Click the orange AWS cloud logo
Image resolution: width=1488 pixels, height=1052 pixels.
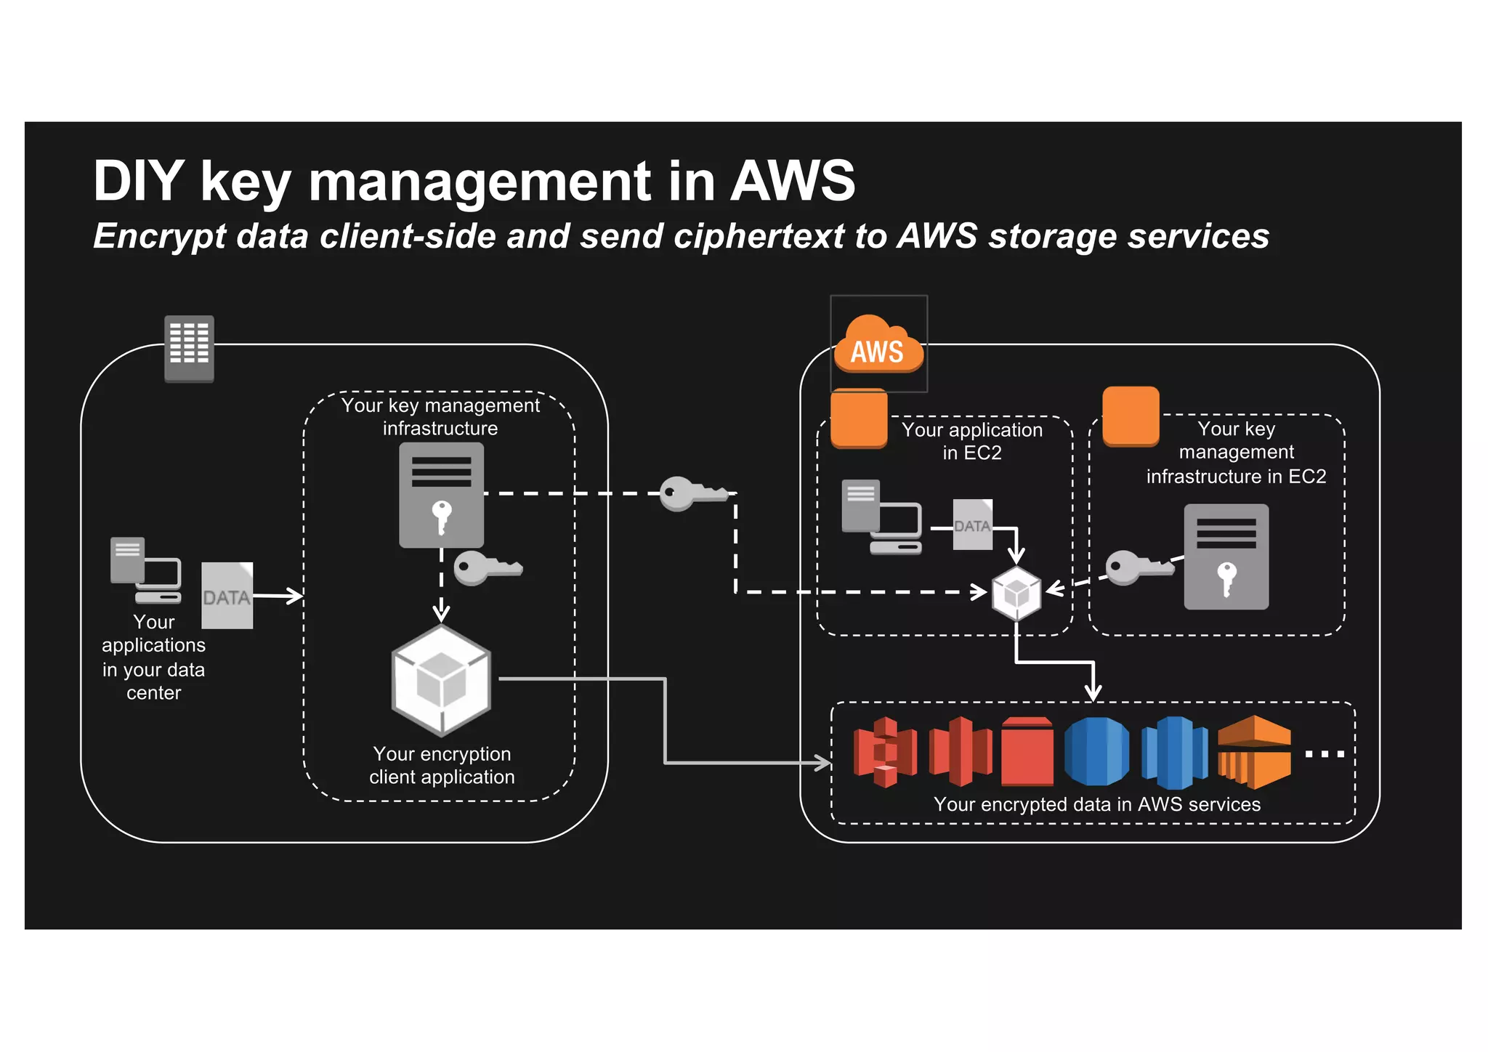click(878, 344)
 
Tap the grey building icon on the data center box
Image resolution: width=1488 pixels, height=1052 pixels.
click(189, 348)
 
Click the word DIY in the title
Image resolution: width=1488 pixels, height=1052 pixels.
click(138, 181)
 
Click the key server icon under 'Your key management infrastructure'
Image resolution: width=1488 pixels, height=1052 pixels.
click(441, 495)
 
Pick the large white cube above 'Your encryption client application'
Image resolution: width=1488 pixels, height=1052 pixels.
click(441, 681)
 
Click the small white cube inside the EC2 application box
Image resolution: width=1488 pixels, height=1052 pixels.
click(1016, 593)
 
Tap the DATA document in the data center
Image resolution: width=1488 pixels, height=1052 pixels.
click(227, 595)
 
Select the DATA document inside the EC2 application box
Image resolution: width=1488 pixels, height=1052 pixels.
click(972, 525)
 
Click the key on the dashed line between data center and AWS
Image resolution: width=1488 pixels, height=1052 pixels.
click(691, 493)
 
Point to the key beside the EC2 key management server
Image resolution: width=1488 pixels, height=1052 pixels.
click(1138, 567)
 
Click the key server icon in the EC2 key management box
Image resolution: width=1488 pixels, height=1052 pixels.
click(1226, 557)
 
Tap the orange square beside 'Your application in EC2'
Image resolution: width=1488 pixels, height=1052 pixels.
click(859, 418)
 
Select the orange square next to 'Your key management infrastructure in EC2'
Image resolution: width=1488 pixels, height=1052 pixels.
click(1131, 416)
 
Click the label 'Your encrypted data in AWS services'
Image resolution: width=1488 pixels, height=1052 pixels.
click(1096, 804)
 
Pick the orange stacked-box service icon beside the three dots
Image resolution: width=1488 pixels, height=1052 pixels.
click(1254, 752)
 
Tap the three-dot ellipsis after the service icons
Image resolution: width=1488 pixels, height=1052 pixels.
click(1324, 754)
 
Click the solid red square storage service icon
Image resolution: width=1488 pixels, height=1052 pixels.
click(1027, 752)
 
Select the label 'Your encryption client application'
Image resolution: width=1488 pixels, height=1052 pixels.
click(442, 765)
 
